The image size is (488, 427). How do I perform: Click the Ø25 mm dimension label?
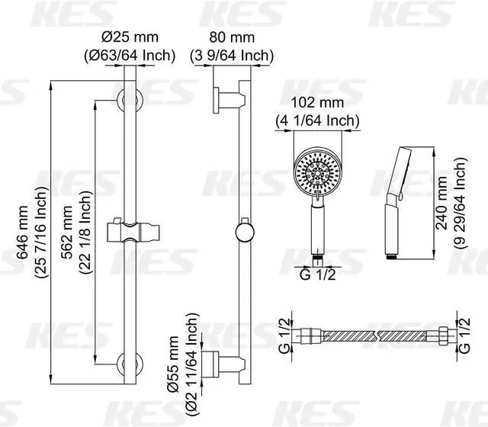pyautogui.click(x=130, y=37)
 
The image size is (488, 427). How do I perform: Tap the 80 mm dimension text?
pyautogui.click(x=232, y=37)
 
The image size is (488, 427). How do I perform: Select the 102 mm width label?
pyautogui.click(x=317, y=103)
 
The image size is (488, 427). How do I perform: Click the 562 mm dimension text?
pyautogui.click(x=67, y=232)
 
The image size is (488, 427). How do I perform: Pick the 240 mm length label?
pyautogui.click(x=441, y=204)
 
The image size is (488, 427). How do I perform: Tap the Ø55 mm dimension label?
pyautogui.click(x=173, y=364)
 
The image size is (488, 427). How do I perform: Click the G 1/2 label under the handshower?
pyautogui.click(x=318, y=274)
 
